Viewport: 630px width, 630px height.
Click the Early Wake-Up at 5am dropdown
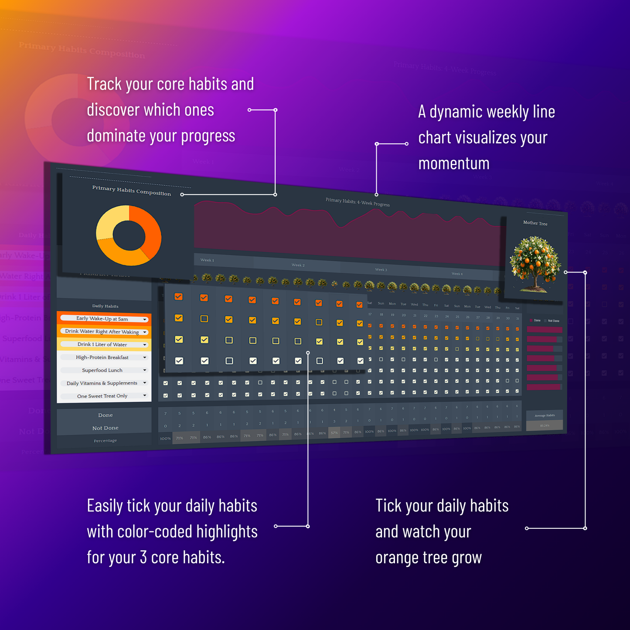[104, 319]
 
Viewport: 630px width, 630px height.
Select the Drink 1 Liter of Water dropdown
[104, 344]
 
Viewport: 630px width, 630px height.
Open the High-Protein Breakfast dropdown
[104, 358]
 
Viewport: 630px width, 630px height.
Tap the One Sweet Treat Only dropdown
[104, 396]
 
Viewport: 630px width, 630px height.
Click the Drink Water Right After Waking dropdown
[104, 332]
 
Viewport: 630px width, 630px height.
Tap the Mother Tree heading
[535, 223]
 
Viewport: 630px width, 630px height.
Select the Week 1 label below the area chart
[207, 260]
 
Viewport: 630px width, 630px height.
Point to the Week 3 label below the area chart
[381, 270]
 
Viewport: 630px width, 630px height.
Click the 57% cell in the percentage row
[334, 433]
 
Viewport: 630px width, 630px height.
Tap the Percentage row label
[105, 441]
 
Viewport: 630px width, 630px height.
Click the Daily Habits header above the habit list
[105, 306]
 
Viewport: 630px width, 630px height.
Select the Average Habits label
[545, 415]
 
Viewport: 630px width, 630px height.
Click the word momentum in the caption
[454, 164]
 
